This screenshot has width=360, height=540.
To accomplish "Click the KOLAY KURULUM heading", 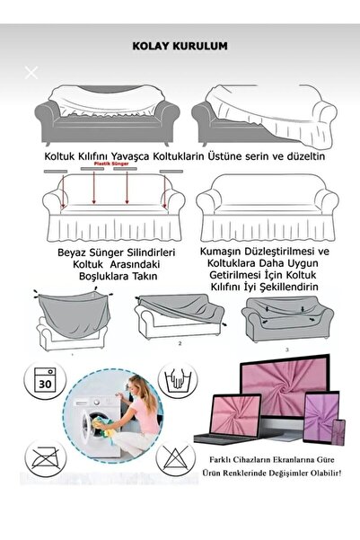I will click(180, 42).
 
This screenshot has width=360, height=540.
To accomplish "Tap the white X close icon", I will click(32, 73).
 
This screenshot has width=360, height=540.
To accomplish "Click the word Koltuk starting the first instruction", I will click(60, 155).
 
